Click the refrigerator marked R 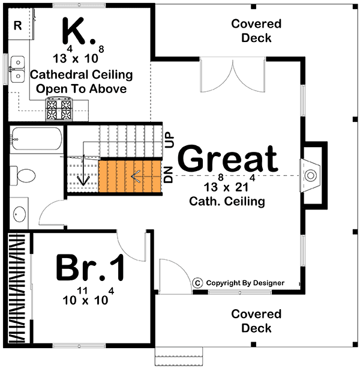pyautogui.click(x=17, y=25)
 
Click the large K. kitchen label pyautogui.click(x=79, y=31)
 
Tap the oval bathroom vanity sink pyautogui.click(x=19, y=214)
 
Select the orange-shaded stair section pyautogui.click(x=130, y=177)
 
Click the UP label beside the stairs pyautogui.click(x=169, y=140)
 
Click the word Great pyautogui.click(x=228, y=160)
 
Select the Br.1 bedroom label pyautogui.click(x=91, y=267)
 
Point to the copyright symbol pyautogui.click(x=197, y=283)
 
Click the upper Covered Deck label pyautogui.click(x=256, y=31)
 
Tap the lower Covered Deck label pyautogui.click(x=256, y=321)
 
